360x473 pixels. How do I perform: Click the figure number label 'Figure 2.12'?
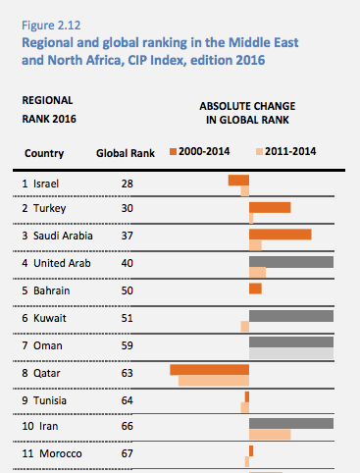(x=51, y=26)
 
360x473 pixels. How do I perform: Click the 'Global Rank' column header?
(x=126, y=153)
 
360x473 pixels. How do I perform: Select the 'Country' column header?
(x=44, y=153)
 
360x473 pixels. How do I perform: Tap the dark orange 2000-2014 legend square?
(x=173, y=152)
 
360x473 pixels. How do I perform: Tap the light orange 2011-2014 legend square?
(x=259, y=152)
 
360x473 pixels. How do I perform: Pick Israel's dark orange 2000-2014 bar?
(x=238, y=181)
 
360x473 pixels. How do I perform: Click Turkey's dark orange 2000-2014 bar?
(x=270, y=207)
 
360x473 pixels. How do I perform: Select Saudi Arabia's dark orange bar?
(x=281, y=235)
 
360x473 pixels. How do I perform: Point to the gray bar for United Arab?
(x=291, y=262)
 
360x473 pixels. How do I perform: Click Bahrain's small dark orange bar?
(x=255, y=289)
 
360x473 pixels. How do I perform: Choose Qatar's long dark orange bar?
(x=210, y=370)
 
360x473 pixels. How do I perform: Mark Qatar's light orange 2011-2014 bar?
(x=214, y=381)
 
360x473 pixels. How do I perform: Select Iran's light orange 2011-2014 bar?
(x=270, y=435)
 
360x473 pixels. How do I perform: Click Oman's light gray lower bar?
(x=291, y=353)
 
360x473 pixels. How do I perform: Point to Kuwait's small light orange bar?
(x=245, y=326)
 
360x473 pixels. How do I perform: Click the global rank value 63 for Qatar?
(x=128, y=373)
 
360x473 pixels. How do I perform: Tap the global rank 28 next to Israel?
(x=128, y=184)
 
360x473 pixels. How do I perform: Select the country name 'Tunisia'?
(x=50, y=400)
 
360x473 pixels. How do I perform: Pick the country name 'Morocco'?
(x=61, y=453)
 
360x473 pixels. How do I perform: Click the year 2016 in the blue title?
(x=250, y=60)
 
